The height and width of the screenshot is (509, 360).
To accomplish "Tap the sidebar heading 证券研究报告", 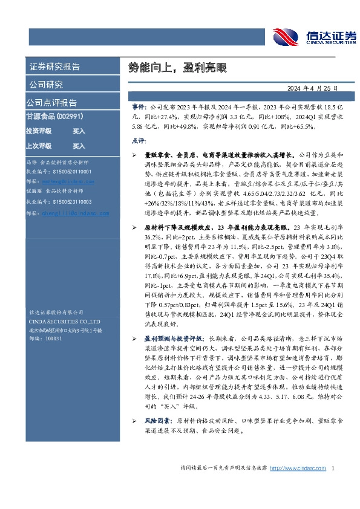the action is coord(54,66).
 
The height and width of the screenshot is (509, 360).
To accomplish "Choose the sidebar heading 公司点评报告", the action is coord(51,102).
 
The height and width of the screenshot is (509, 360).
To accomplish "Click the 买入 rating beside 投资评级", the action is coord(79,131).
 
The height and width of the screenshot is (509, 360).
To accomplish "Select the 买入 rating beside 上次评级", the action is coord(79,146).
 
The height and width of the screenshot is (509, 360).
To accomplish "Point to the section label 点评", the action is coord(137,140).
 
